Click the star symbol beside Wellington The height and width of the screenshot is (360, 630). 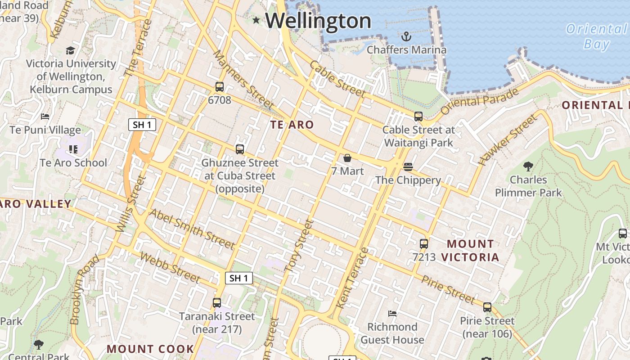pos(256,20)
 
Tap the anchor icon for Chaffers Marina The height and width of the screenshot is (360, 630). pos(406,36)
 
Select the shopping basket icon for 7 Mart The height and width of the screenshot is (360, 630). pos(347,158)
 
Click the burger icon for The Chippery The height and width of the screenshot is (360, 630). pos(408,167)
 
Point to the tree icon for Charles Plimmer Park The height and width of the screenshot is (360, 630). pos(528,166)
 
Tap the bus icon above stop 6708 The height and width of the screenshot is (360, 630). pos(220,87)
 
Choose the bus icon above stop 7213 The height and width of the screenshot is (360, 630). pos(424,244)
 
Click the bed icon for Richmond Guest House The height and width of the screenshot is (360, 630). pos(392,313)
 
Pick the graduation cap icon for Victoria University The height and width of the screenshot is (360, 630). pos(70,50)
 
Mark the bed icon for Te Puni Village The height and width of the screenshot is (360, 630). pos(45,117)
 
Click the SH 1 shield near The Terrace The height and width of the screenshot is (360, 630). pos(142,125)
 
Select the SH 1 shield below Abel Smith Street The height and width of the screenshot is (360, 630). pos(238,278)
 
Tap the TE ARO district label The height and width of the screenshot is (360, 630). pos(292,125)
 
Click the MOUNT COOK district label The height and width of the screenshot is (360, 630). pos(150,349)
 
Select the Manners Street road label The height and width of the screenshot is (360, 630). pos(243,80)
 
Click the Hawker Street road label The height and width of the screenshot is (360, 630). pos(508,139)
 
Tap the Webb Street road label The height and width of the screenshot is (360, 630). pos(170,267)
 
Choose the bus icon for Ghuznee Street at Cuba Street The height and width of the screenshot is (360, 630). pos(240,149)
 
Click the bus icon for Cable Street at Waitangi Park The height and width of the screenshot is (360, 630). pos(418,117)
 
